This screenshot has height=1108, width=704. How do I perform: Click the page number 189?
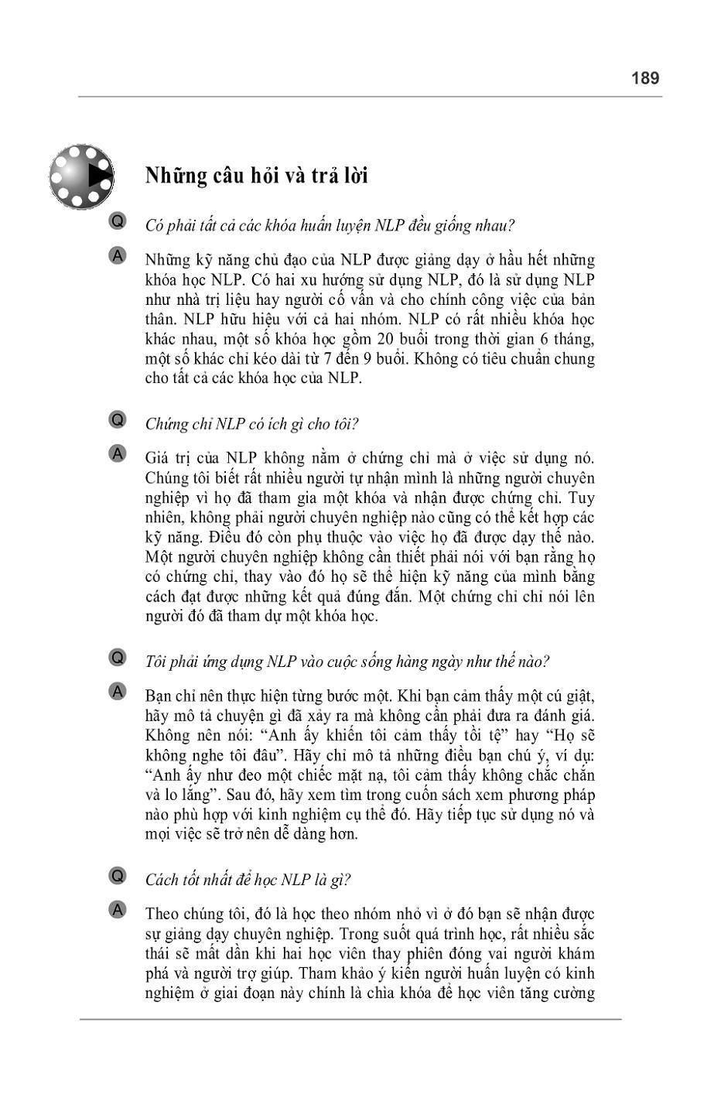644,78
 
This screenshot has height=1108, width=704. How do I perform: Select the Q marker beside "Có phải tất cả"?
118,221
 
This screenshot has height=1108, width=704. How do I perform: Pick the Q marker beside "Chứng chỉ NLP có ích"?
118,420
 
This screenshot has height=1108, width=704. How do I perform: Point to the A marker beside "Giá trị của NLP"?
118,454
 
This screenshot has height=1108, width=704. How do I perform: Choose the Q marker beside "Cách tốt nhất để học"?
118,876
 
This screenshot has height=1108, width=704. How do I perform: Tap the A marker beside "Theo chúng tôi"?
118,910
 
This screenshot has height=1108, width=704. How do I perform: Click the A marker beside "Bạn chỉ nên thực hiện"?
118,692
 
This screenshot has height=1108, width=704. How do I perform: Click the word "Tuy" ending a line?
583,498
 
